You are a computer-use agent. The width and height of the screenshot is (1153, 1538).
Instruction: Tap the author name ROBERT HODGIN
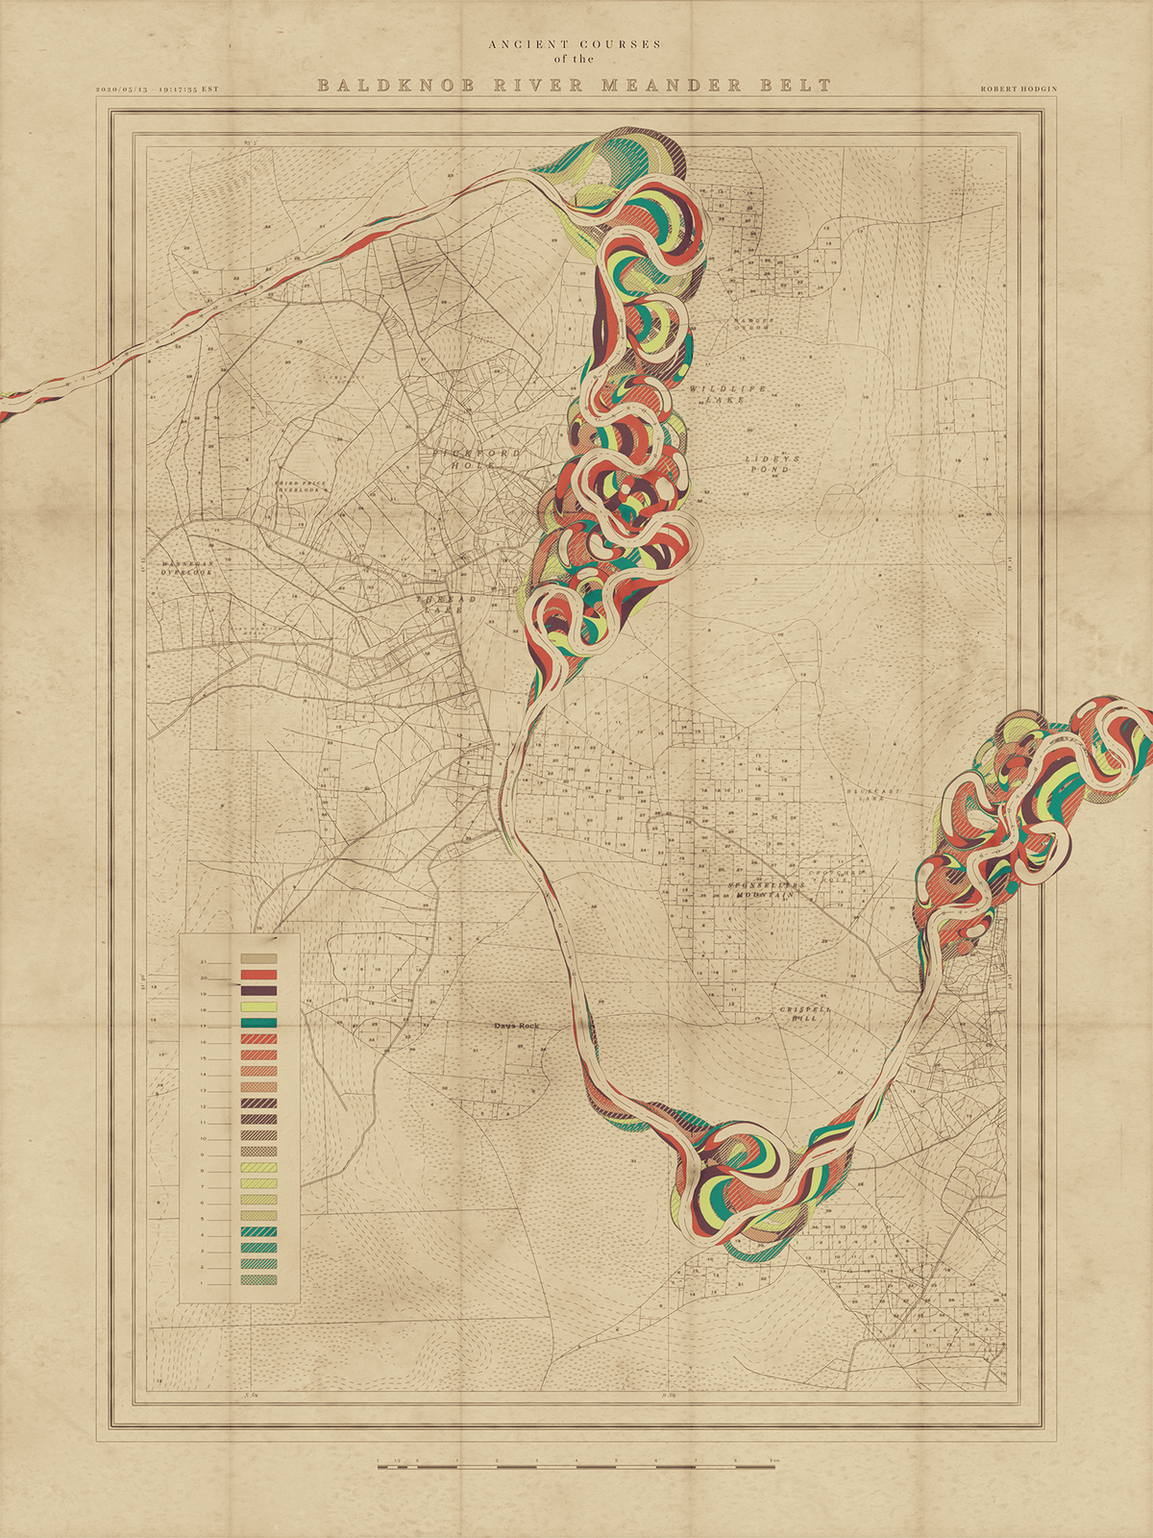(1018, 88)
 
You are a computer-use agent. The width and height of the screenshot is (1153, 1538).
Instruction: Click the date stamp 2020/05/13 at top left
(122, 88)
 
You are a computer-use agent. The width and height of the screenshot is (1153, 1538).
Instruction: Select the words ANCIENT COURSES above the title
(575, 44)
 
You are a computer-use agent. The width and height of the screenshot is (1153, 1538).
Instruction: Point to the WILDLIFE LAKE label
(727, 393)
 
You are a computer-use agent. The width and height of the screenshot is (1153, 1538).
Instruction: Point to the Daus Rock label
(516, 1026)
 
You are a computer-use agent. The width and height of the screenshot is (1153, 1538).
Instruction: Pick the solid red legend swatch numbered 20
(258, 975)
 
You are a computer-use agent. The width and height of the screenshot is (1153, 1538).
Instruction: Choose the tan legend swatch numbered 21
(258, 958)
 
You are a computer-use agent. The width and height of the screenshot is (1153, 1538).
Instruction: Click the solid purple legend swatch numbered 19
(258, 990)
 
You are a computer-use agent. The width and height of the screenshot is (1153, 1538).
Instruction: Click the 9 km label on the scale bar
(772, 1460)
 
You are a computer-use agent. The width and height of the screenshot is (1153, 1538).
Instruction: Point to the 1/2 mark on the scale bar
(397, 1460)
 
